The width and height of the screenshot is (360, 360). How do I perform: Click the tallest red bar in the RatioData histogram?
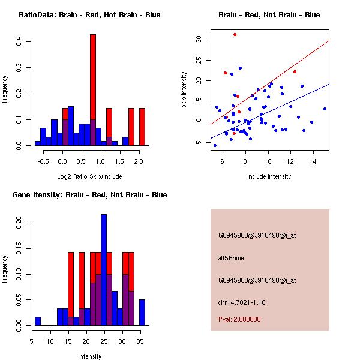[x=93, y=90]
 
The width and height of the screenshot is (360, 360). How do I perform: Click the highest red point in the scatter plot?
[x=235, y=35]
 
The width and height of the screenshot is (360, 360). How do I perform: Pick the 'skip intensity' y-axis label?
[x=184, y=90]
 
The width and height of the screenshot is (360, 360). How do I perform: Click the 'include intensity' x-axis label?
[x=269, y=176]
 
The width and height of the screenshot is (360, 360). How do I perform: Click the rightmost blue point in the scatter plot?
[x=325, y=109]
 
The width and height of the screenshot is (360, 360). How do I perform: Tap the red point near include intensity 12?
[x=295, y=71]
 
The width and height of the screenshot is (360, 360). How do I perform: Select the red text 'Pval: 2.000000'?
[x=239, y=319]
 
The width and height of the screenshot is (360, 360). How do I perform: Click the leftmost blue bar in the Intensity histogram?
[x=38, y=321]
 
